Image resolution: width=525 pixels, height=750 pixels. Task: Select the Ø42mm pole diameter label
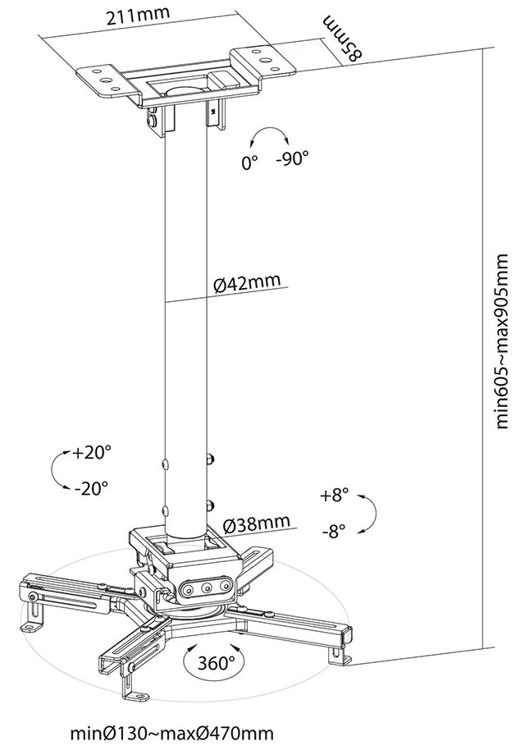tap(246, 283)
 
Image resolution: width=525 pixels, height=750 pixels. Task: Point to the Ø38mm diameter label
tap(256, 522)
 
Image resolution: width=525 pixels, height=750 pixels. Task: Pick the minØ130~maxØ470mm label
tap(171, 732)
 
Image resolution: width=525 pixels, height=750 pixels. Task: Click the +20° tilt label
tap(90, 452)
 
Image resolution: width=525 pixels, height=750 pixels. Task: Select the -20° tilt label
tap(90, 488)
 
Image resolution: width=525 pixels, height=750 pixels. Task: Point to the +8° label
tap(335, 495)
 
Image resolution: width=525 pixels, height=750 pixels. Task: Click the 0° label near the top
tap(250, 162)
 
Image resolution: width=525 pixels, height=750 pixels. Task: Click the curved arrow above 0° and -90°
tap(270, 135)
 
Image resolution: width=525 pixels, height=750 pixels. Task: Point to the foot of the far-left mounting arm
tap(34, 623)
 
